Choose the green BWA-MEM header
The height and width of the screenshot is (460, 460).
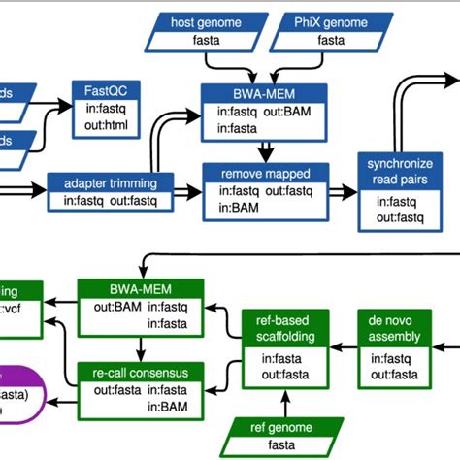(x=141, y=288)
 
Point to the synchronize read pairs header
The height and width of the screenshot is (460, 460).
(x=392, y=171)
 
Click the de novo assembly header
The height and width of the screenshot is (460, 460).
(x=394, y=328)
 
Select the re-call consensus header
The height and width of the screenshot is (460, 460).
(x=141, y=373)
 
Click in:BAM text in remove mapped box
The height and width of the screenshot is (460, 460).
(x=236, y=208)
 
